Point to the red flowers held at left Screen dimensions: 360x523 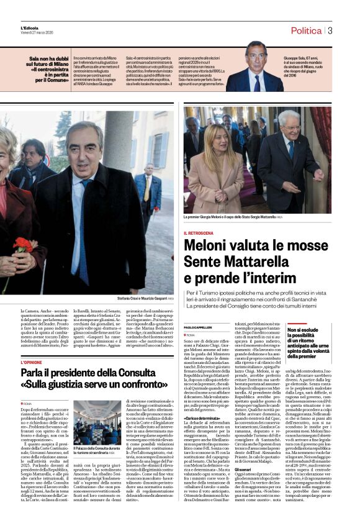[x=23, y=245]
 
